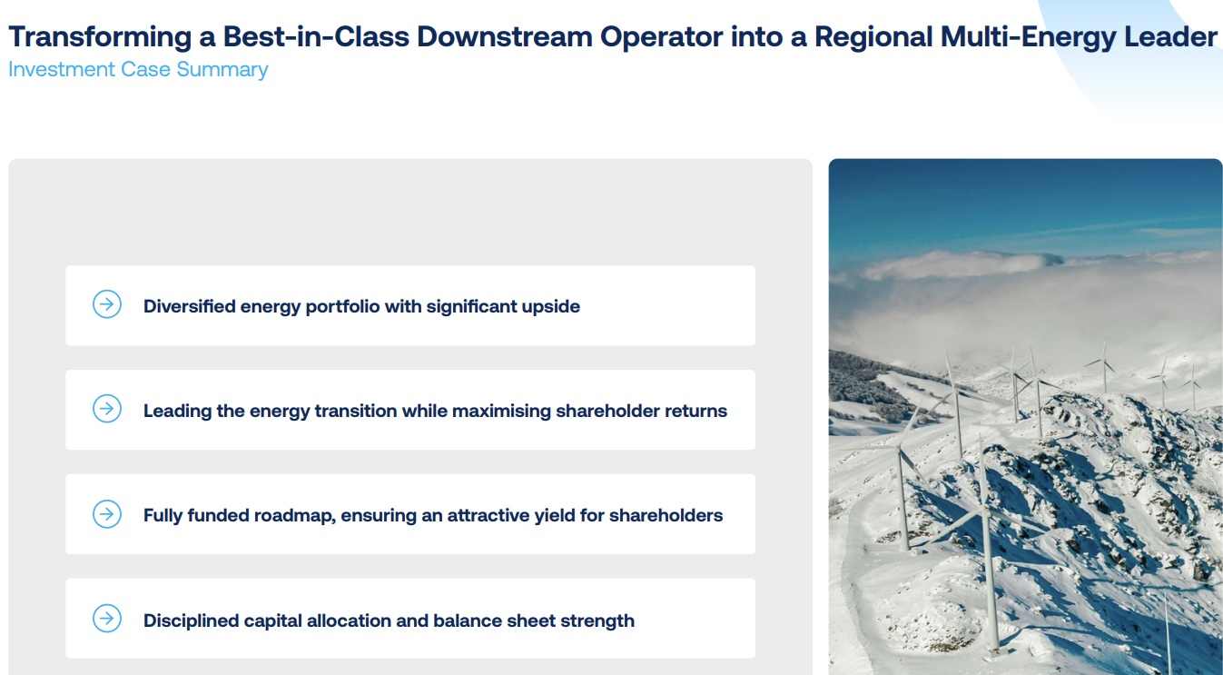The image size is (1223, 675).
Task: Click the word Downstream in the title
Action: [x=505, y=37]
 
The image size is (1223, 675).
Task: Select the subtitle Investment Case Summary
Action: [x=138, y=70]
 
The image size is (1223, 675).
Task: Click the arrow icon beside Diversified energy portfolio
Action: [x=107, y=304]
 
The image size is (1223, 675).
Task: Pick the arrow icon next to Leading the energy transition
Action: [x=107, y=409]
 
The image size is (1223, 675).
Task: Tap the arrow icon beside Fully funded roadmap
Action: [x=107, y=514]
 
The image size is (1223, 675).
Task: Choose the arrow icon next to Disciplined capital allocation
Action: [x=107, y=618]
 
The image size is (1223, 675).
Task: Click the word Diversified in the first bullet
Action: [x=190, y=306]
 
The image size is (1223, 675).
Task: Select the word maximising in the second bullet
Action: [x=501, y=412]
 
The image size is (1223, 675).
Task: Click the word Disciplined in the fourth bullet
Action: [x=191, y=621]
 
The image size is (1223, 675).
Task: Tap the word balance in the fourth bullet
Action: [x=468, y=620]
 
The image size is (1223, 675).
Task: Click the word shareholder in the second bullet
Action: [x=607, y=411]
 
